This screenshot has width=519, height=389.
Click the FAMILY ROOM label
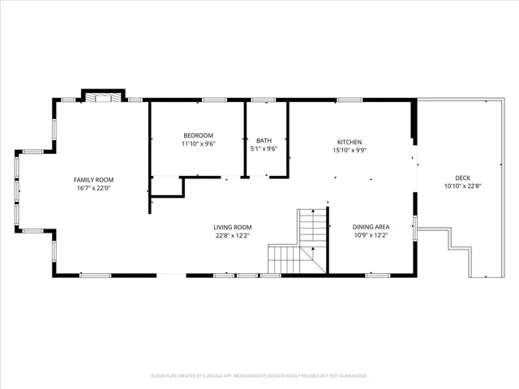[94, 180]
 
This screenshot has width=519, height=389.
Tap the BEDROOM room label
[198, 135]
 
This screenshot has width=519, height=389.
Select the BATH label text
[264, 140]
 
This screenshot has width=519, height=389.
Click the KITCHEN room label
[350, 141]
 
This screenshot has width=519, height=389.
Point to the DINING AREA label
[371, 228]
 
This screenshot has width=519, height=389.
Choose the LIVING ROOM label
[233, 228]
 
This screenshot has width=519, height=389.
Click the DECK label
[463, 178]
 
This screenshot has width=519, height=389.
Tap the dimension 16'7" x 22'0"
[94, 188]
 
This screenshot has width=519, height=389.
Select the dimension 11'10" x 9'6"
[198, 143]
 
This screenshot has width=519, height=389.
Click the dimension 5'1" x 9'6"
[264, 148]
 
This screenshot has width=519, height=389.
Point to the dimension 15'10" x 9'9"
[350, 149]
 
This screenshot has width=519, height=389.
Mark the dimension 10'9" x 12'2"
[371, 236]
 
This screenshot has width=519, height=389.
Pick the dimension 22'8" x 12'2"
[233, 236]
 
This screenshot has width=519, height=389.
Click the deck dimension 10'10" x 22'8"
[463, 186]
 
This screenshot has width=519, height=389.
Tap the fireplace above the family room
[102, 97]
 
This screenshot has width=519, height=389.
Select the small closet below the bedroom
[166, 186]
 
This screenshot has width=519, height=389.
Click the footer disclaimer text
[259, 376]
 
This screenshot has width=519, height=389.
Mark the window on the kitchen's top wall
[350, 100]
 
